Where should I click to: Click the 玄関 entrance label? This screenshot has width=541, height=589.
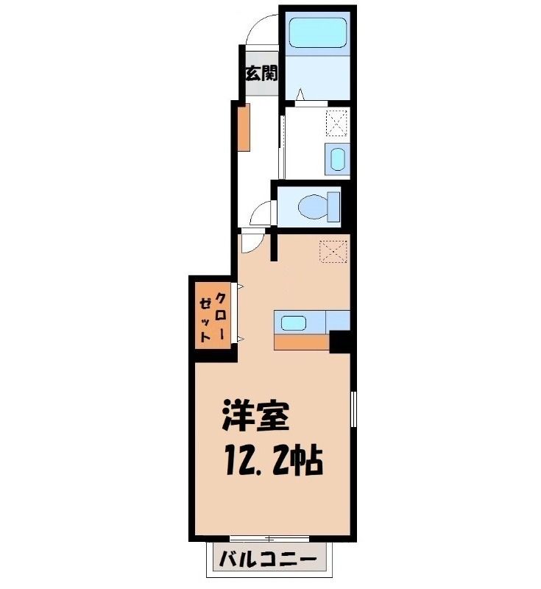pyautogui.click(x=262, y=73)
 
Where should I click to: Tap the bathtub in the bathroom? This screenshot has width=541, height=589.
pyautogui.click(x=318, y=32)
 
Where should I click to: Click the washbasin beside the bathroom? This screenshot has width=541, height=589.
pyautogui.click(x=338, y=159)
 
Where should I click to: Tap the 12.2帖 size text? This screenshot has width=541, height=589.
pyautogui.click(x=274, y=461)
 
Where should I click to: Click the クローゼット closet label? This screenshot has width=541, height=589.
pyautogui.click(x=213, y=316)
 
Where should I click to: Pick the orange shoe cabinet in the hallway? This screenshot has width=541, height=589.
pyautogui.click(x=244, y=127)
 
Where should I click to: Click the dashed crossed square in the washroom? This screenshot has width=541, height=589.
pyautogui.click(x=338, y=122)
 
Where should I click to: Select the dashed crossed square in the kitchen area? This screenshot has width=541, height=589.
pyautogui.click(x=333, y=251)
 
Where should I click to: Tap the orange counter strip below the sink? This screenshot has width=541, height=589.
pyautogui.click(x=302, y=342)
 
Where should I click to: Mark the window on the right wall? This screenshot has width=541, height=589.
pyautogui.click(x=353, y=409)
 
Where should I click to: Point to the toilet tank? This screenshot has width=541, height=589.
pyautogui.click(x=333, y=207)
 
